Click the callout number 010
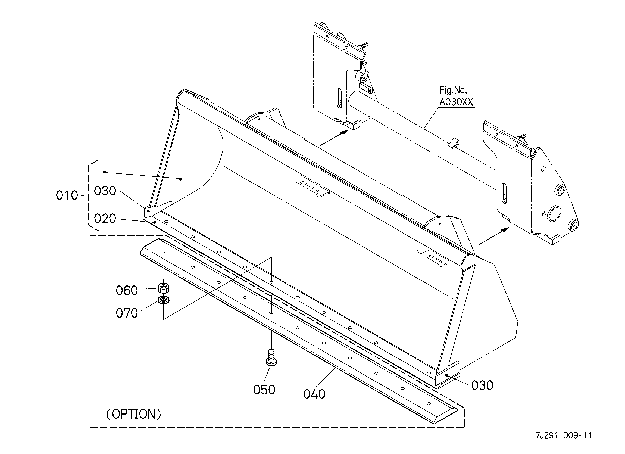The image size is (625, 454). point(67,195)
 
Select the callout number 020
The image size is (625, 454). point(105,219)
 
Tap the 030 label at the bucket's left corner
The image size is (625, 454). point(105,191)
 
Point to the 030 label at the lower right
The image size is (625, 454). point(482,385)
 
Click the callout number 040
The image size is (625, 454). point(314,394)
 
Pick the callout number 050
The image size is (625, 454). point(264,390)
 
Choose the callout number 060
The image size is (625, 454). point(127,291)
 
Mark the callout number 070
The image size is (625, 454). point(127,313)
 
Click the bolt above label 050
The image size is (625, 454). point(271,357)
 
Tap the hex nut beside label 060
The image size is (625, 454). point(164,288)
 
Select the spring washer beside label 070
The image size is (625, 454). point(164,300)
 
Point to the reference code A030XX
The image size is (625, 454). point(456,102)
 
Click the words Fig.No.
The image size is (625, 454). point(453,90)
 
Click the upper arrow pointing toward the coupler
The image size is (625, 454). point(333,138)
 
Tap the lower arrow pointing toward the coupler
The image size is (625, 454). point(493,236)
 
